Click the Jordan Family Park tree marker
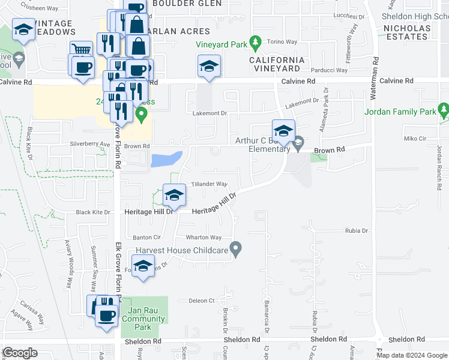(x=444, y=111)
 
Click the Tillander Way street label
(x=209, y=184)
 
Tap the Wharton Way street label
(x=203, y=238)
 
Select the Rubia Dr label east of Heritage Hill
(x=356, y=230)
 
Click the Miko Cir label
(x=414, y=139)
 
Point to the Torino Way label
(x=283, y=42)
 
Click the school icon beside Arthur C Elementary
(x=283, y=130)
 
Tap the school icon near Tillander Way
(x=173, y=194)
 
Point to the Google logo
(x=20, y=353)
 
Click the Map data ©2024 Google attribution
(x=412, y=355)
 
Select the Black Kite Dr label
(x=93, y=212)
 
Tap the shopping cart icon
(x=82, y=49)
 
